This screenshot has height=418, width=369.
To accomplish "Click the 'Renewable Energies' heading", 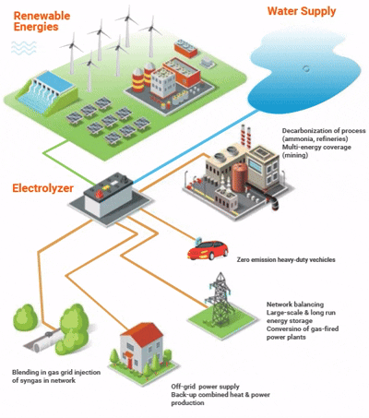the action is tap(42, 21).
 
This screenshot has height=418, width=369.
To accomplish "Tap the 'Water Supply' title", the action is tap(302, 11).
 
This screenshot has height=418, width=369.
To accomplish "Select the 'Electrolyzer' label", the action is tap(42, 188).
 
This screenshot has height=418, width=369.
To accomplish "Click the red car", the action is tap(208, 250).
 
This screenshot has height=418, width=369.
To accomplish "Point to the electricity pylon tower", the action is tap(220, 298).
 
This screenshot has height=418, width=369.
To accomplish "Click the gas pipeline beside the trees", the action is tap(43, 340).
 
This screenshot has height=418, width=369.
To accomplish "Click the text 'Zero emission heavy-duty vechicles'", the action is tap(286, 259).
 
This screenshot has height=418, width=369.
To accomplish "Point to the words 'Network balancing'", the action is tap(295, 305).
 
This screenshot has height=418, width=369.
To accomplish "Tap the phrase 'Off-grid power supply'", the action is tap(205, 387).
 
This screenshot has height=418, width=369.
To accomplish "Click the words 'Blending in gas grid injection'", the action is tap(56, 372).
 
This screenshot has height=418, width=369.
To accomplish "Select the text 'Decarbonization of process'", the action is tap(324, 131).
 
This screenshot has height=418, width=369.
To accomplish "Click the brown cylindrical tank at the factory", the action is tap(240, 177).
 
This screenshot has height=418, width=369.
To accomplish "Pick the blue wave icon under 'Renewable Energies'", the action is tap(24, 48).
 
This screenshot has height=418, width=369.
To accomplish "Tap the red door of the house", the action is tap(129, 363).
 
